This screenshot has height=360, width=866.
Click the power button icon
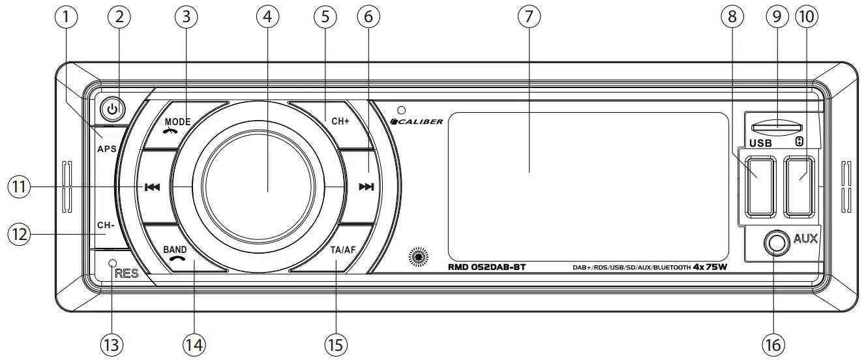tap(113, 109)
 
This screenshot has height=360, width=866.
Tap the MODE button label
tap(177, 121)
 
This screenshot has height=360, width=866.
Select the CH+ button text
tap(340, 121)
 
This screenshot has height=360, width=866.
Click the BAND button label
tap(175, 249)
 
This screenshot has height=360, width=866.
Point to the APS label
tap(106, 149)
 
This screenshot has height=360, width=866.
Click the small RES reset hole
tap(112, 263)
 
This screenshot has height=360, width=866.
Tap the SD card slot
tap(777, 127)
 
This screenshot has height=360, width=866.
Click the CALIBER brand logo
tap(417, 121)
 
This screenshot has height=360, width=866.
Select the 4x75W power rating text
tap(709, 267)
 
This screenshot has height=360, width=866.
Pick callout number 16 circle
tap(775, 343)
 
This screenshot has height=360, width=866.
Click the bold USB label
tap(760, 142)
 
